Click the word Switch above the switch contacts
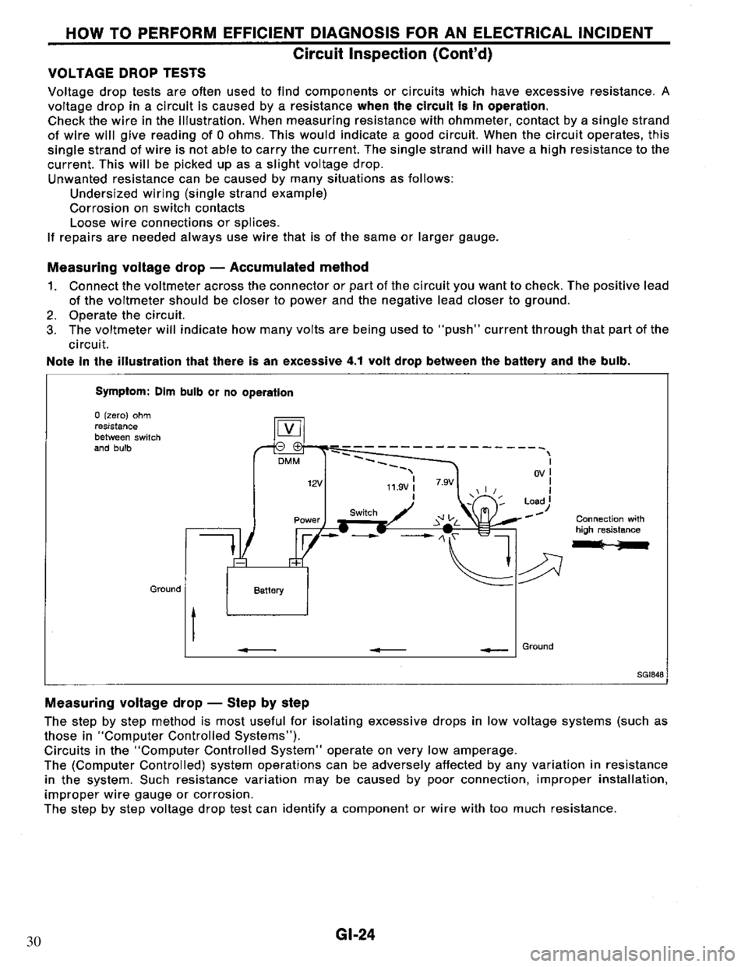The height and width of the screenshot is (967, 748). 363,512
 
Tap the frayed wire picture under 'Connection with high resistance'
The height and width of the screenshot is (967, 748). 612,546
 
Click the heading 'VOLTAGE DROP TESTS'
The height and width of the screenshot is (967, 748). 127,72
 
